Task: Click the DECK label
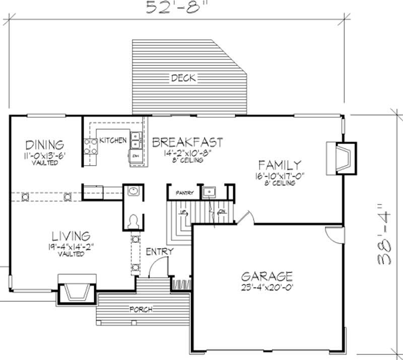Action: point(183,78)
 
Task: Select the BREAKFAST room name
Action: point(187,142)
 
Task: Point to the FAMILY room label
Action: point(280,165)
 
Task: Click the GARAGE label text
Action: point(266,276)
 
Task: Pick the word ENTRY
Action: point(160,251)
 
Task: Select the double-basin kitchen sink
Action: point(136,140)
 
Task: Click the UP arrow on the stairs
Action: point(184,214)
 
